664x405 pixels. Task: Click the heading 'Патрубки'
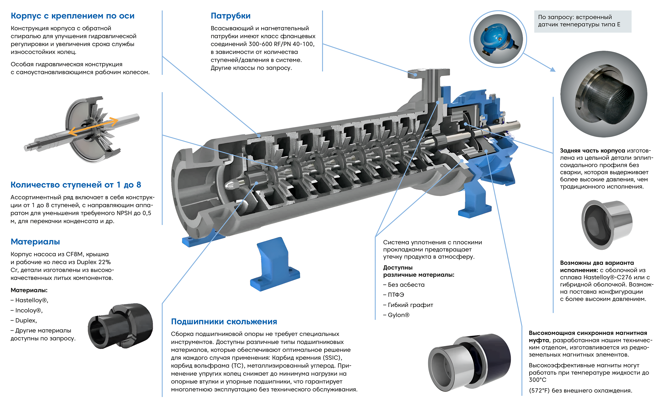[x=230, y=16]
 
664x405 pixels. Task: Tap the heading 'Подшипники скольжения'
[x=224, y=322]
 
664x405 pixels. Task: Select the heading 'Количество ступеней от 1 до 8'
[x=76, y=185]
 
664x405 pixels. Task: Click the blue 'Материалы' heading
[x=35, y=242]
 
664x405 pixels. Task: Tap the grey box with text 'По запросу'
[x=582, y=21]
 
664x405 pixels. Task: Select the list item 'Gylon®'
[x=398, y=315]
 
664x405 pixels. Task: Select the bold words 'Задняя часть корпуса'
[x=592, y=151]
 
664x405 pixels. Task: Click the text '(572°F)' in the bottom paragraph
[x=539, y=390]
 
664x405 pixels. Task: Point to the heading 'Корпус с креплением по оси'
[x=73, y=16]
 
